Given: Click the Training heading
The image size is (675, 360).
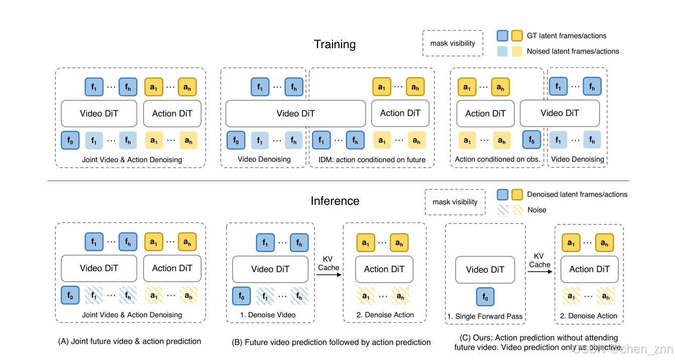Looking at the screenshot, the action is pyautogui.click(x=334, y=44).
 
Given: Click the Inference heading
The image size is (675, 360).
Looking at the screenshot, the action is pyautogui.click(x=335, y=201).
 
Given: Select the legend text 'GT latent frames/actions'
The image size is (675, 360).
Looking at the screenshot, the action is pyautogui.click(x=567, y=36).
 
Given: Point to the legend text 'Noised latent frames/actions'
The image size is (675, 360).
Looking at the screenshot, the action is pyautogui.click(x=573, y=51).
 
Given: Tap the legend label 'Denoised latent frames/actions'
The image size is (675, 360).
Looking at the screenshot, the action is pyautogui.click(x=577, y=194).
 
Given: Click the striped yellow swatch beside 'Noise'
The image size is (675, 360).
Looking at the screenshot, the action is pyautogui.click(x=517, y=210).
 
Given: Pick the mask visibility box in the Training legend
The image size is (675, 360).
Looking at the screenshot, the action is pyautogui.click(x=453, y=43).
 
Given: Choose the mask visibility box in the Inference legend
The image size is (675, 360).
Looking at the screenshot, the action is pyautogui.click(x=455, y=202).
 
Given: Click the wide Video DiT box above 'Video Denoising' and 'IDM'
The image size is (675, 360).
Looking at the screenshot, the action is pyautogui.click(x=296, y=113).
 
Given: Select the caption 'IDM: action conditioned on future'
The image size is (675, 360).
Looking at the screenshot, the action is pyautogui.click(x=372, y=160).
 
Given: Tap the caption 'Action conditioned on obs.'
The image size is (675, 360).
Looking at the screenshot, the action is pyautogui.click(x=497, y=159).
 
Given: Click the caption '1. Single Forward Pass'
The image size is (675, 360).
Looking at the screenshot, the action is pyautogui.click(x=485, y=316).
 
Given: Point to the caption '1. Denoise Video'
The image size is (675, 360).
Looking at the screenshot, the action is pyautogui.click(x=268, y=315).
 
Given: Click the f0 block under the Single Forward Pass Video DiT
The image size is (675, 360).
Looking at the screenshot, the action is pyautogui.click(x=485, y=297).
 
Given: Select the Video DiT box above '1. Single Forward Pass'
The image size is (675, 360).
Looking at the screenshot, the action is pyautogui.click(x=485, y=270).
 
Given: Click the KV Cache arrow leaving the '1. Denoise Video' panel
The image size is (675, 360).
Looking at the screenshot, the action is pyautogui.click(x=329, y=275).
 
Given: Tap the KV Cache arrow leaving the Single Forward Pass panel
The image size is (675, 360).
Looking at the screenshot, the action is pyautogui.click(x=540, y=272).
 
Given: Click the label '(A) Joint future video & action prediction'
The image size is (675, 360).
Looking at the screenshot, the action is pyautogui.click(x=130, y=341).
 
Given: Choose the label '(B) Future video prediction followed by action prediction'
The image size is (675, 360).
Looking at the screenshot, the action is pyautogui.click(x=331, y=342).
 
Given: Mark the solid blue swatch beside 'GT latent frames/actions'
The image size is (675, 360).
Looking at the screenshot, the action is pyautogui.click(x=502, y=36).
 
